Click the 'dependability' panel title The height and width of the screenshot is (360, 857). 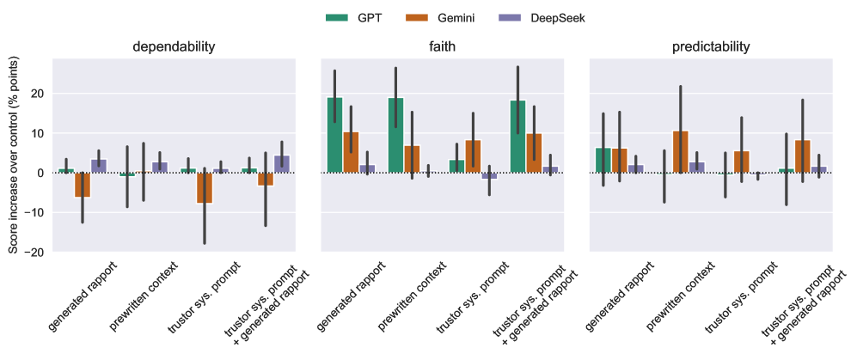click(174, 46)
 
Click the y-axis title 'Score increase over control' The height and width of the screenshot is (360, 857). click(13, 155)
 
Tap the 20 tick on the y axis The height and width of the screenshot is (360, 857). click(40, 94)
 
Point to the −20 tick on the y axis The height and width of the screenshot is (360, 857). click(36, 251)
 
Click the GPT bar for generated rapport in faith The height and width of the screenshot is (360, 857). click(334, 135)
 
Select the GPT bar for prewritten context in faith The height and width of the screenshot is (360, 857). click(395, 135)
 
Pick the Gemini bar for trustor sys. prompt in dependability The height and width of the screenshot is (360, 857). click(204, 187)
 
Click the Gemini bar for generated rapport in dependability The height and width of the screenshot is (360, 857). click(83, 185)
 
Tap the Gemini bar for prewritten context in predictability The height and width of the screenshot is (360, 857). click(680, 152)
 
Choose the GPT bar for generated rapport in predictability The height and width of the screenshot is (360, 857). click(603, 161)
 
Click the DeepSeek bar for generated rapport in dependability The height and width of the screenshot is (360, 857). click(99, 166)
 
